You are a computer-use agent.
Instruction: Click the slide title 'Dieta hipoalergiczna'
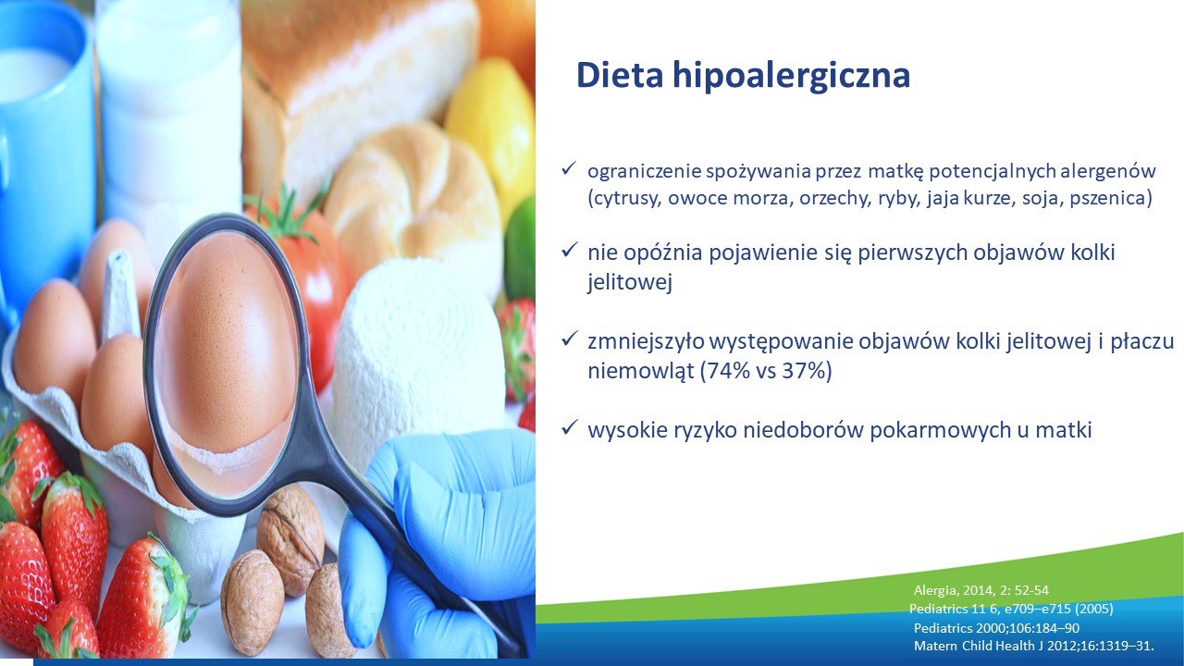pyautogui.click(x=743, y=76)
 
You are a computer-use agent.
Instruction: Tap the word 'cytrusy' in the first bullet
pyautogui.click(x=624, y=199)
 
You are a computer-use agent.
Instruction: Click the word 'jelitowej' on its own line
pyautogui.click(x=630, y=282)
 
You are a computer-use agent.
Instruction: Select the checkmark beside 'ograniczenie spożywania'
pyautogui.click(x=568, y=168)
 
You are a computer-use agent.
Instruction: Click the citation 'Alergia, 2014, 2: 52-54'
pyautogui.click(x=981, y=590)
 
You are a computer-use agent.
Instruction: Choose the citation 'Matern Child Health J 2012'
pyautogui.click(x=1033, y=646)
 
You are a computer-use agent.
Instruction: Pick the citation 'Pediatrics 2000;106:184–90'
pyautogui.click(x=996, y=627)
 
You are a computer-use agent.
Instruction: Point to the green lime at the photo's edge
pyautogui.click(x=521, y=249)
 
